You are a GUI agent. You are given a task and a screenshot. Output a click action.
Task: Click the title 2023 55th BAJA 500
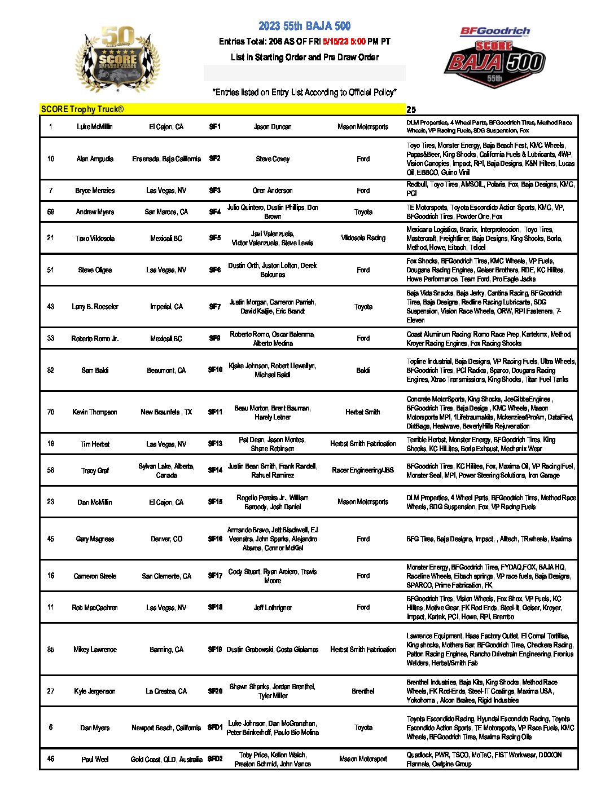(304, 26)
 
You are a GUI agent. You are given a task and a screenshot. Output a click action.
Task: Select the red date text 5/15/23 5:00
(344, 42)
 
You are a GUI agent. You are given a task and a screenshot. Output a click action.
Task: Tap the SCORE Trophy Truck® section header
(82, 109)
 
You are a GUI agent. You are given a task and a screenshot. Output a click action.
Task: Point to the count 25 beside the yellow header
(411, 110)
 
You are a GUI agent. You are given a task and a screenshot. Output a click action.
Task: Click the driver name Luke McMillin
(95, 127)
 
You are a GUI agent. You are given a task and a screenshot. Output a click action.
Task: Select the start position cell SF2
(214, 158)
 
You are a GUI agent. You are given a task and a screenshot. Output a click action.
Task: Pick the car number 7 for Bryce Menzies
(51, 191)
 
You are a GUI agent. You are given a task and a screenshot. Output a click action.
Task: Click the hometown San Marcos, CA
(166, 212)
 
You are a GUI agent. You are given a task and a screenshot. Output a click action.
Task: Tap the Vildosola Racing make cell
(363, 238)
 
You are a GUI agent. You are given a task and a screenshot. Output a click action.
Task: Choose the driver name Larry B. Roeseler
(95, 307)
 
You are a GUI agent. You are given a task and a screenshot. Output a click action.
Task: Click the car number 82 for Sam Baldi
(51, 370)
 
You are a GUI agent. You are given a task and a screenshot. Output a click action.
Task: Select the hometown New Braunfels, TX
(166, 412)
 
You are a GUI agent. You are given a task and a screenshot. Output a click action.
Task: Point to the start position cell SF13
(215, 444)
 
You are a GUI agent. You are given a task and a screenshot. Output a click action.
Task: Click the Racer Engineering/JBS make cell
(363, 470)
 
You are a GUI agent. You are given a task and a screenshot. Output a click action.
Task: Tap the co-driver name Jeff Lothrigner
(273, 608)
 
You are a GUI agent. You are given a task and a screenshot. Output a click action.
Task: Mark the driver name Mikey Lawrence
(95, 650)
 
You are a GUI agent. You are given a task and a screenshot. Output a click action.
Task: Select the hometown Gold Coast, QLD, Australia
(166, 760)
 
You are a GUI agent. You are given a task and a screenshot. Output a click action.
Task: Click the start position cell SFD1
(215, 727)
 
